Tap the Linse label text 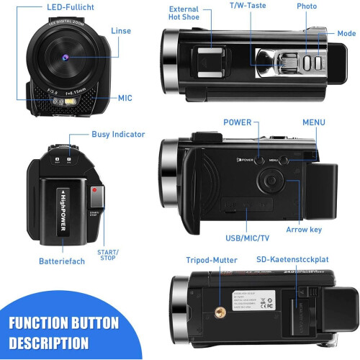[121, 32]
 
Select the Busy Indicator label [118, 134]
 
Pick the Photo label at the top [307, 6]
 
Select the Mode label [346, 34]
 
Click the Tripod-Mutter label [211, 259]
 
